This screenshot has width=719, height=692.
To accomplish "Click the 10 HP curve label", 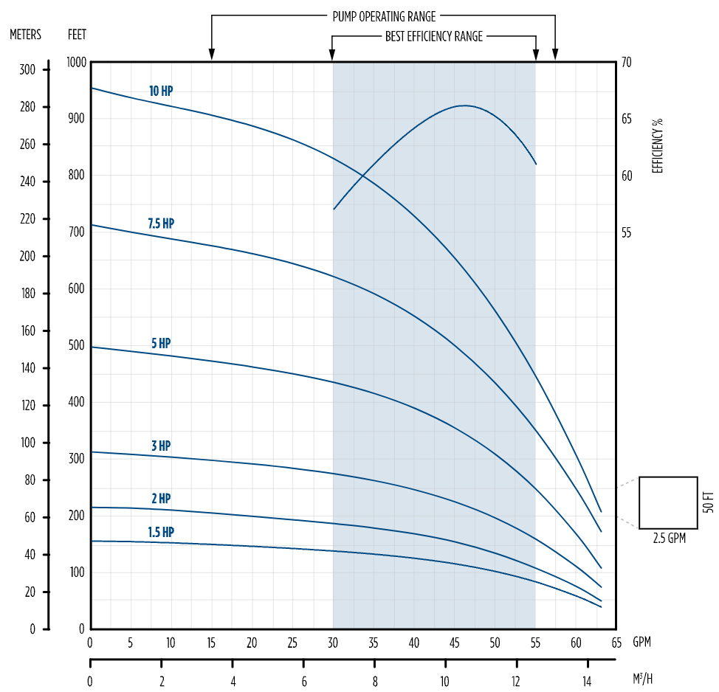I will tap(161, 91).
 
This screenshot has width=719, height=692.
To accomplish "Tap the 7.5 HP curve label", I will tap(161, 224).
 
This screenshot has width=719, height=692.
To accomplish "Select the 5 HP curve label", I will tap(161, 344).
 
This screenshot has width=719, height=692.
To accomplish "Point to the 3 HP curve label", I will tap(161, 446).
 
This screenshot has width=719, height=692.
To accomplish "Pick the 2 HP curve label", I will tap(161, 499).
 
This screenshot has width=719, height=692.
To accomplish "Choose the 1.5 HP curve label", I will tap(161, 532).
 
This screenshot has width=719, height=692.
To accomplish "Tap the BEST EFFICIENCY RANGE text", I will tap(434, 36).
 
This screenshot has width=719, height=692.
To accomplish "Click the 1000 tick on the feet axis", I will tap(77, 63).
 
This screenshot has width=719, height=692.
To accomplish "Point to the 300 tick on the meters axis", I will tap(27, 69).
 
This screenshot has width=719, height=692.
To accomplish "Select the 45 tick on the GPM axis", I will tap(454, 642).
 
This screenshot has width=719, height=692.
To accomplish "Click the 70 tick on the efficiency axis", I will tap(626, 63).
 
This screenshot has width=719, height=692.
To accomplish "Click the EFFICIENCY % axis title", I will tap(658, 145).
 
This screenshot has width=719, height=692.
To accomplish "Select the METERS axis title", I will tap(25, 35).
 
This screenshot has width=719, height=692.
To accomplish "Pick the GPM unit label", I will tap(641, 642).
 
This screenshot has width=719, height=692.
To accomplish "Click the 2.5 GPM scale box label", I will tap(669, 539).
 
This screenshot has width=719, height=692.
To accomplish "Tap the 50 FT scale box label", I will tap(709, 502).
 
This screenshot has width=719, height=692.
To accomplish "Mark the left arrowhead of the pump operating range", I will tap(212, 55).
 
